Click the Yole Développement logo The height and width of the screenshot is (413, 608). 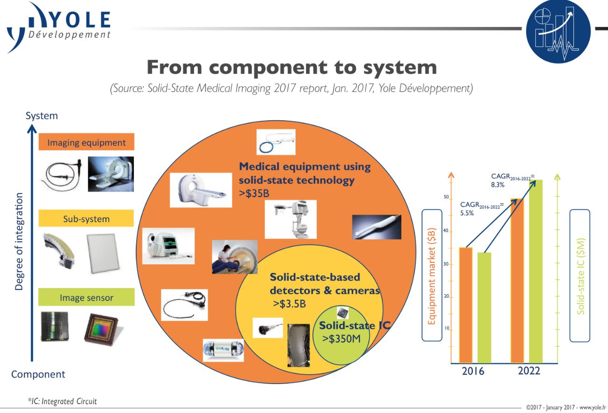point(58,26)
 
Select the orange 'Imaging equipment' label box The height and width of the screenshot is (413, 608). point(86,143)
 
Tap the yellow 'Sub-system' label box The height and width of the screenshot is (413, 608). point(86,219)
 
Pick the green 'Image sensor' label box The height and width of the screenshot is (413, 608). point(86,297)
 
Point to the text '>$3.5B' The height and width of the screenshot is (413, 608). point(289,304)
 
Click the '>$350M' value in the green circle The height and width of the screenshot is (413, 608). point(342,338)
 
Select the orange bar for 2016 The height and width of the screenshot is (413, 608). point(466,305)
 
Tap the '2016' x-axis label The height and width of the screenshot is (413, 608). point(473,372)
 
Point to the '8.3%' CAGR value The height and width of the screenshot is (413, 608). point(498,185)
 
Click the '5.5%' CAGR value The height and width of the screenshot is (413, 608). point(467,213)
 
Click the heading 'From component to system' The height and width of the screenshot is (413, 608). point(292,67)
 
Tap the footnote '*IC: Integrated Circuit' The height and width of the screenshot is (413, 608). point(62,401)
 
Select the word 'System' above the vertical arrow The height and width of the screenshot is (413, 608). point(42,116)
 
